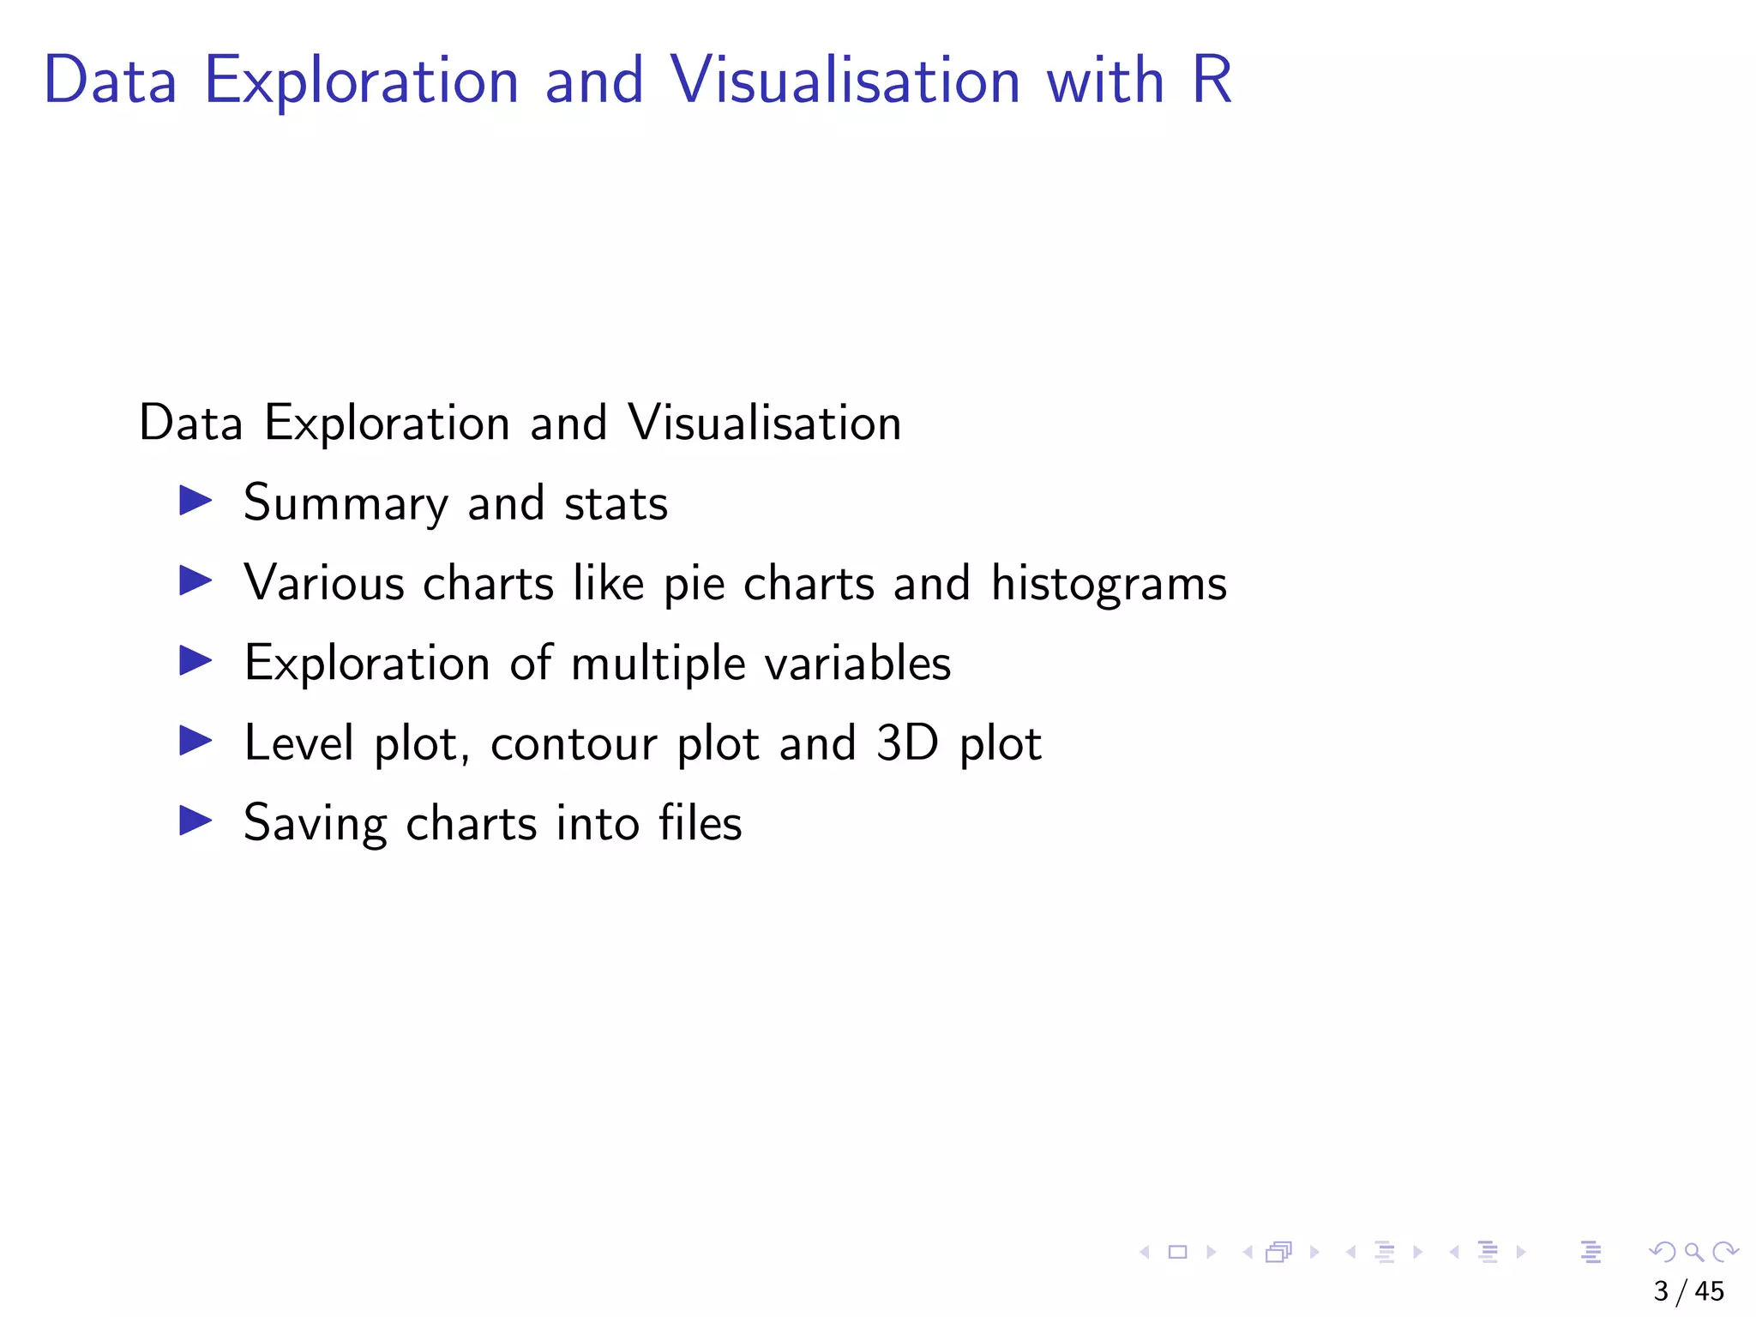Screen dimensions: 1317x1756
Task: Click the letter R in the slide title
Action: [x=1212, y=80]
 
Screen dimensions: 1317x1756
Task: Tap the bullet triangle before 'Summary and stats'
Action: [x=195, y=501]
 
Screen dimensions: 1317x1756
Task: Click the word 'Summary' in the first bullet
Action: [x=345, y=503]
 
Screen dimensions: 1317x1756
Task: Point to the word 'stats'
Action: [x=616, y=503]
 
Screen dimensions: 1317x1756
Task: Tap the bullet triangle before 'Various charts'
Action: [x=195, y=581]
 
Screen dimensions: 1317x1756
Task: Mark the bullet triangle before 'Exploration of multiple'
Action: [x=195, y=661]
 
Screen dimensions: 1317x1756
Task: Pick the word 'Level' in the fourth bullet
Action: [x=298, y=743]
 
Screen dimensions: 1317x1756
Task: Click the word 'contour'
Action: [x=573, y=744]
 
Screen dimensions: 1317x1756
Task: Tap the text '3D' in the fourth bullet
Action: [x=907, y=743]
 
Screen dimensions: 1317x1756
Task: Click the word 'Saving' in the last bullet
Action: [x=315, y=825]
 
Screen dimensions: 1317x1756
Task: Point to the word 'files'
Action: [x=700, y=823]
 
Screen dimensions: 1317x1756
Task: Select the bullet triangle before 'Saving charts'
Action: [x=195, y=821]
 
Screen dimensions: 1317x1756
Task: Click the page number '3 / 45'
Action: [x=1688, y=1291]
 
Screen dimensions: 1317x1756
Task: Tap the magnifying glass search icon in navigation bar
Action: [x=1693, y=1252]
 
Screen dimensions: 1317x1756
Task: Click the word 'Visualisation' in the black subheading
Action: [x=764, y=423]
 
